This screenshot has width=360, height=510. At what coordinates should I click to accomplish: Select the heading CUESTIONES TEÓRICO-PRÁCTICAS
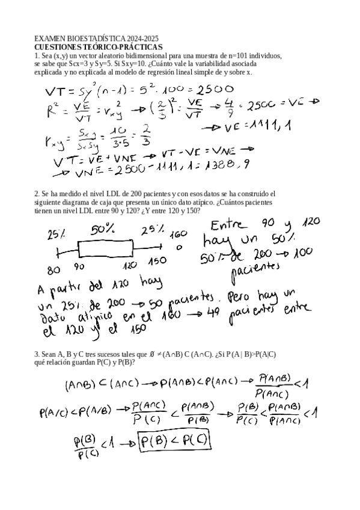(x=98, y=46)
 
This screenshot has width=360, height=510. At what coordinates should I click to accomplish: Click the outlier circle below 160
(x=178, y=247)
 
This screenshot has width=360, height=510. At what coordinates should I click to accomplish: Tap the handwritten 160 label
(x=178, y=234)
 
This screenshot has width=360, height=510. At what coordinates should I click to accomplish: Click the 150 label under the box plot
(x=157, y=263)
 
